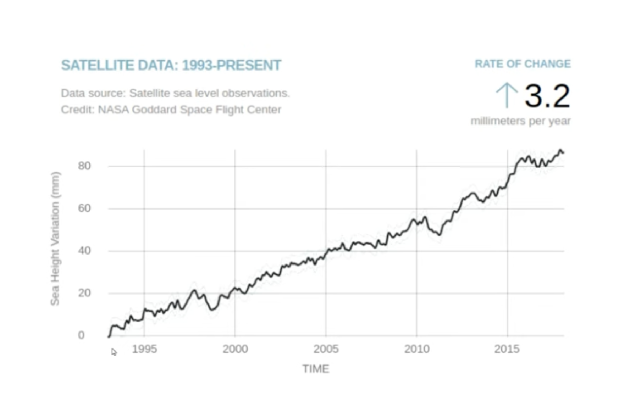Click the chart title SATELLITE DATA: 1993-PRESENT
pos(171,65)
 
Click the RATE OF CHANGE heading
pos(523,64)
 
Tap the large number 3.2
pos(547,96)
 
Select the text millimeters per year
pos(520,121)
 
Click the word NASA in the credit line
pos(113,110)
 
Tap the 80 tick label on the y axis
pos(84,166)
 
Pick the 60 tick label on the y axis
pos(84,208)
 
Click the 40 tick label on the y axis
pos(84,251)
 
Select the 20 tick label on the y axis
pos(84,293)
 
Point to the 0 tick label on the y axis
pos(81,335)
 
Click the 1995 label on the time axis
pos(144,349)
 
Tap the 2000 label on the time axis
pos(235,349)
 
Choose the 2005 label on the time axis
pos(326,349)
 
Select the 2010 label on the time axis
pos(417,349)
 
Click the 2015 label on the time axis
pos(507,349)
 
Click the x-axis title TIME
pos(316,369)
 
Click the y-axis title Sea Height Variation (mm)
pos(55,239)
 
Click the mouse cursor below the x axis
pos(114,352)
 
